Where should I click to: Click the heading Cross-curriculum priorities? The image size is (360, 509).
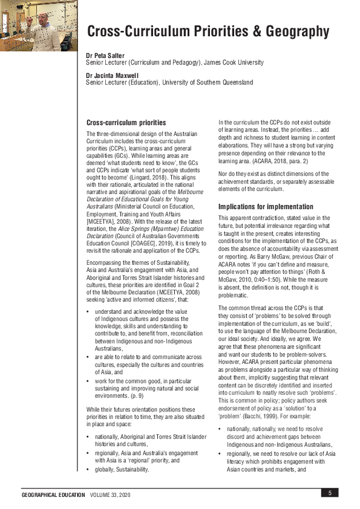click(126, 122)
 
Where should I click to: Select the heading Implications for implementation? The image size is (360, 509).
click(266, 207)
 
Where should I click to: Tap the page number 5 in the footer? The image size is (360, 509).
click(330, 493)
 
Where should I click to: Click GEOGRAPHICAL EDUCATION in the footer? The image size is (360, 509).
click(53, 494)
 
